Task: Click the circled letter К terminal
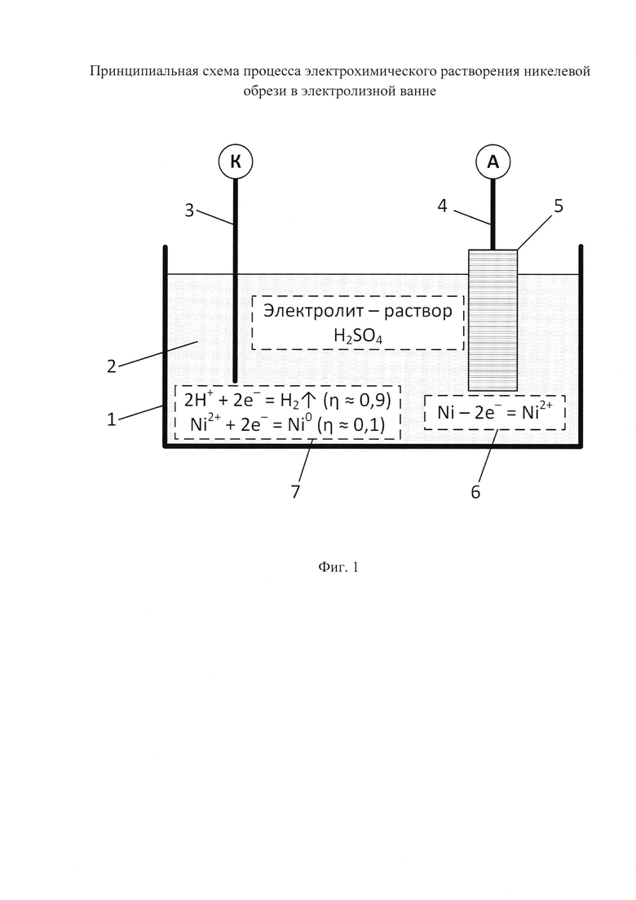236,162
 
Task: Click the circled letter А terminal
492,162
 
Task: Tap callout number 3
189,211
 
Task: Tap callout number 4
442,206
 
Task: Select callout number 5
558,206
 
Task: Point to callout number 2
112,366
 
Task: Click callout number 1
112,419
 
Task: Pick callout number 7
295,492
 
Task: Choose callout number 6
475,492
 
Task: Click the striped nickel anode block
492,320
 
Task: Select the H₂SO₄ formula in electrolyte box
358,335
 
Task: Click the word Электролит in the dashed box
308,311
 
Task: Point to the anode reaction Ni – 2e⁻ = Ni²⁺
495,411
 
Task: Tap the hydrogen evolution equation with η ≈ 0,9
287,400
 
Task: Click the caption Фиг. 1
338,568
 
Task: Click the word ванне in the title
417,91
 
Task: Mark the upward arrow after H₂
309,400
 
